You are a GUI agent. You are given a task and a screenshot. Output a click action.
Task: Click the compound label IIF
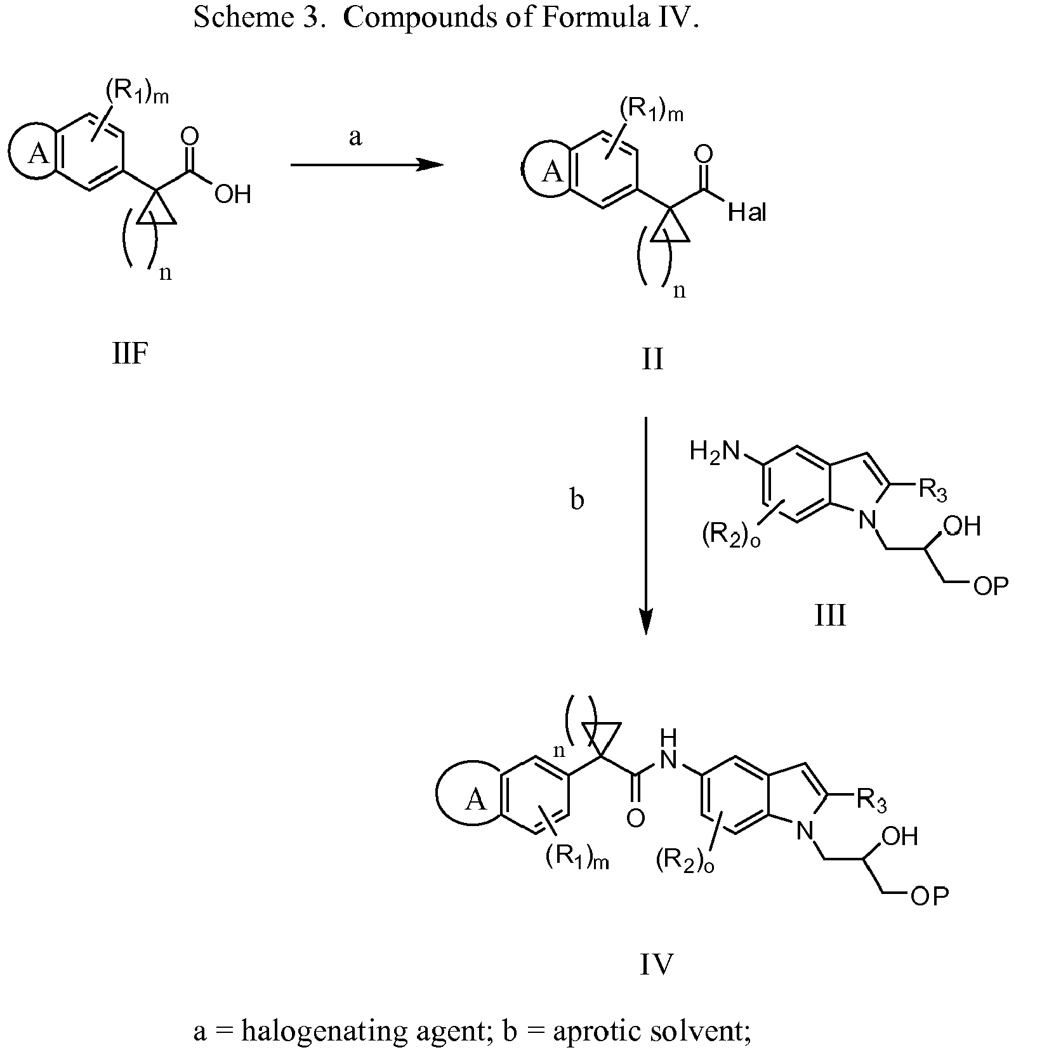(x=130, y=355)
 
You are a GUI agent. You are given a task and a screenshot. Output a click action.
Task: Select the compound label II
(x=652, y=359)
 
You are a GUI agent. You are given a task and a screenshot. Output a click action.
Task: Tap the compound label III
(x=830, y=615)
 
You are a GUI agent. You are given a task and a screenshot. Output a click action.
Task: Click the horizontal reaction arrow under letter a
(x=367, y=165)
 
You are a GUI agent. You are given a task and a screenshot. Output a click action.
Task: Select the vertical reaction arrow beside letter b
(x=645, y=525)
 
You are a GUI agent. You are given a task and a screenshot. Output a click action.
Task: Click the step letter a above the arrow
(x=355, y=136)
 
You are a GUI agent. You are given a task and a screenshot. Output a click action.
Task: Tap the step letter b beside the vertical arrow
(x=577, y=500)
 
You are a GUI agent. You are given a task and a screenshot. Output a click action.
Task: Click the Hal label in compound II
(x=748, y=213)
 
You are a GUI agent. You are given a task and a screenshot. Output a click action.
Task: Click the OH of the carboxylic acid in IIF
(x=232, y=194)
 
